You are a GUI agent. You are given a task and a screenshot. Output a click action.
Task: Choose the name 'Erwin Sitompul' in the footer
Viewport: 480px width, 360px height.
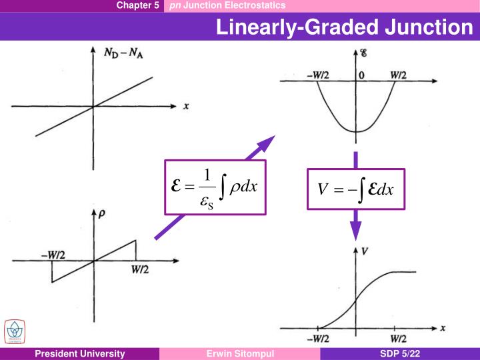pos(240,354)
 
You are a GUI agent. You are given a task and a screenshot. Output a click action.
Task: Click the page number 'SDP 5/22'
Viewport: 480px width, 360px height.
pos(400,354)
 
